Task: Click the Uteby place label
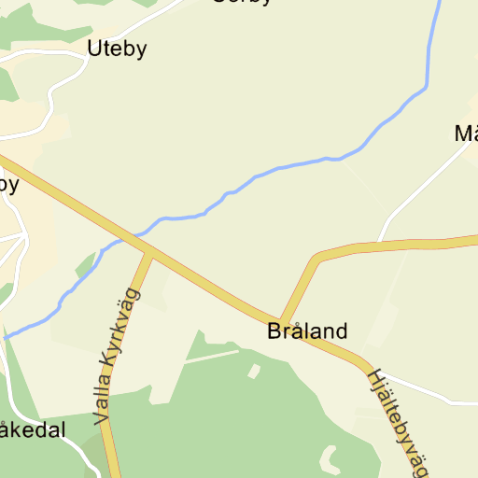[117, 49]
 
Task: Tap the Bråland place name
[307, 330]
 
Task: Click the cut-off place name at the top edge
[242, 3]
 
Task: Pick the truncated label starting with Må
[466, 134]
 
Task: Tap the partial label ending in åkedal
[33, 430]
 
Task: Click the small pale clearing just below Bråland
[254, 372]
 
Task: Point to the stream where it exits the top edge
[438, 3]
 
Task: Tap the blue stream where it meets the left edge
[4, 335]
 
